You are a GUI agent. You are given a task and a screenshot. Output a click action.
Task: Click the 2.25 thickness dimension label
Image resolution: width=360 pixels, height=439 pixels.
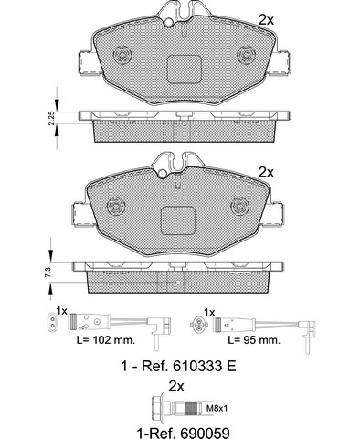pyautogui.click(x=51, y=118)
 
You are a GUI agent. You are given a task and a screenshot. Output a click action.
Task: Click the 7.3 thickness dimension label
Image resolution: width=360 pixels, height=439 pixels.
pyautogui.click(x=48, y=272)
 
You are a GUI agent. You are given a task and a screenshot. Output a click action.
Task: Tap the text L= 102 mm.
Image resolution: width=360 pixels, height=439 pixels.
pyautogui.click(x=106, y=340)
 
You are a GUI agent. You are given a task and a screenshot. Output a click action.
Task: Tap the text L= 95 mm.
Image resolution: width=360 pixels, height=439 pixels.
pyautogui.click(x=254, y=340)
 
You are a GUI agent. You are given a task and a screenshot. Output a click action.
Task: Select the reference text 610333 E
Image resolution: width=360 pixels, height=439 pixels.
pyautogui.click(x=204, y=366)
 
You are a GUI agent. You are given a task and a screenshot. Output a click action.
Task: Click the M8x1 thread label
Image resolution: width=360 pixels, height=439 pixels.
pyautogui.click(x=217, y=408)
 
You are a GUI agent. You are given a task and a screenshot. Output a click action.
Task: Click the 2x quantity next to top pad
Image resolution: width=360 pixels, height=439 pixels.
pyautogui.click(x=266, y=20)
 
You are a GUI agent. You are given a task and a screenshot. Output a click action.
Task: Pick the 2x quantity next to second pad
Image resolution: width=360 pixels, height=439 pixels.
pyautogui.click(x=266, y=173)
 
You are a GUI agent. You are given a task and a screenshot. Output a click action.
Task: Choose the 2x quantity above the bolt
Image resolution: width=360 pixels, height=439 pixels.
pyautogui.click(x=176, y=387)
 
